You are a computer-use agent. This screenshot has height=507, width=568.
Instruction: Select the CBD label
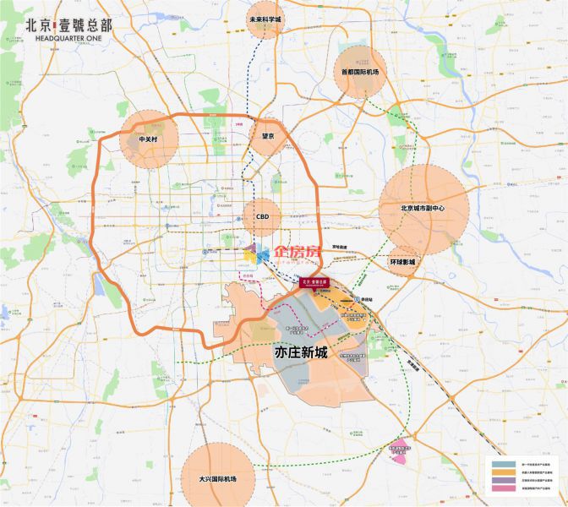click(x=262, y=216)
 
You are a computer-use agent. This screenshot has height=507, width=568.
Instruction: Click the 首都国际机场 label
click(x=360, y=73)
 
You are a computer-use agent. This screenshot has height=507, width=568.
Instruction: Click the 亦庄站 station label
click(x=366, y=299)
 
